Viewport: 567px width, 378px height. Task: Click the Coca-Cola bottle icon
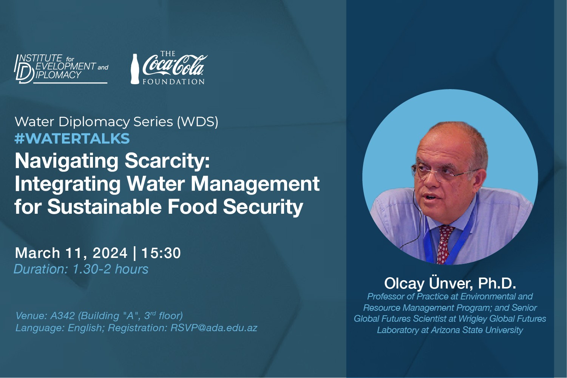[134, 69]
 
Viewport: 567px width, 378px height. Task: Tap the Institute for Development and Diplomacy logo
[62, 69]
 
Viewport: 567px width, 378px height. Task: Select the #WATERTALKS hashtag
[72, 139]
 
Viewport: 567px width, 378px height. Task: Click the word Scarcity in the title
[167, 161]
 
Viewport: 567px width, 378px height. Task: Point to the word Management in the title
[255, 184]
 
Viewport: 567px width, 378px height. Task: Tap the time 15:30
[161, 253]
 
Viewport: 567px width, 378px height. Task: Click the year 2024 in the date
[110, 253]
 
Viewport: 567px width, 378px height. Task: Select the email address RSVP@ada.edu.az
[214, 328]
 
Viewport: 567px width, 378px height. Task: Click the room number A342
[63, 316]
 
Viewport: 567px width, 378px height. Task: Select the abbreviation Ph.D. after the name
[497, 283]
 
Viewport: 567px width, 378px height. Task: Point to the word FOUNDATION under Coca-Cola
[174, 82]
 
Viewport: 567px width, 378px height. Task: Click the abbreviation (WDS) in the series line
[198, 122]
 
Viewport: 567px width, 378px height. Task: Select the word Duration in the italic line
[41, 269]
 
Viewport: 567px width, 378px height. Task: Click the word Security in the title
[263, 207]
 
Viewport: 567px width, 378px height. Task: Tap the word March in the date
[37, 253]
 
